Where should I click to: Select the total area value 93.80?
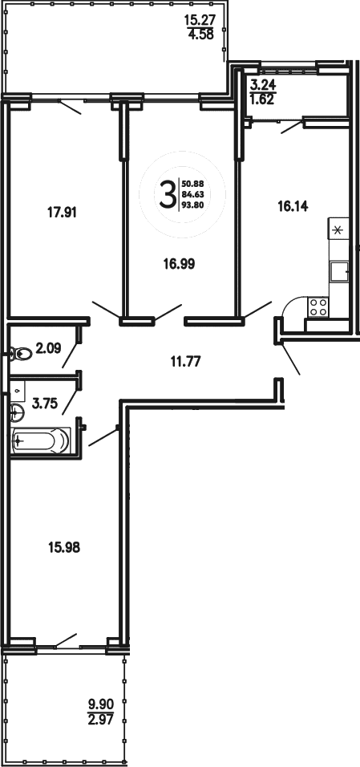192,205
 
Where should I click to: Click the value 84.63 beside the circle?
192,195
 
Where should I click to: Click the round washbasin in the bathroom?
18,413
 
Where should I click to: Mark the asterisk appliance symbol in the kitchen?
338,230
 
